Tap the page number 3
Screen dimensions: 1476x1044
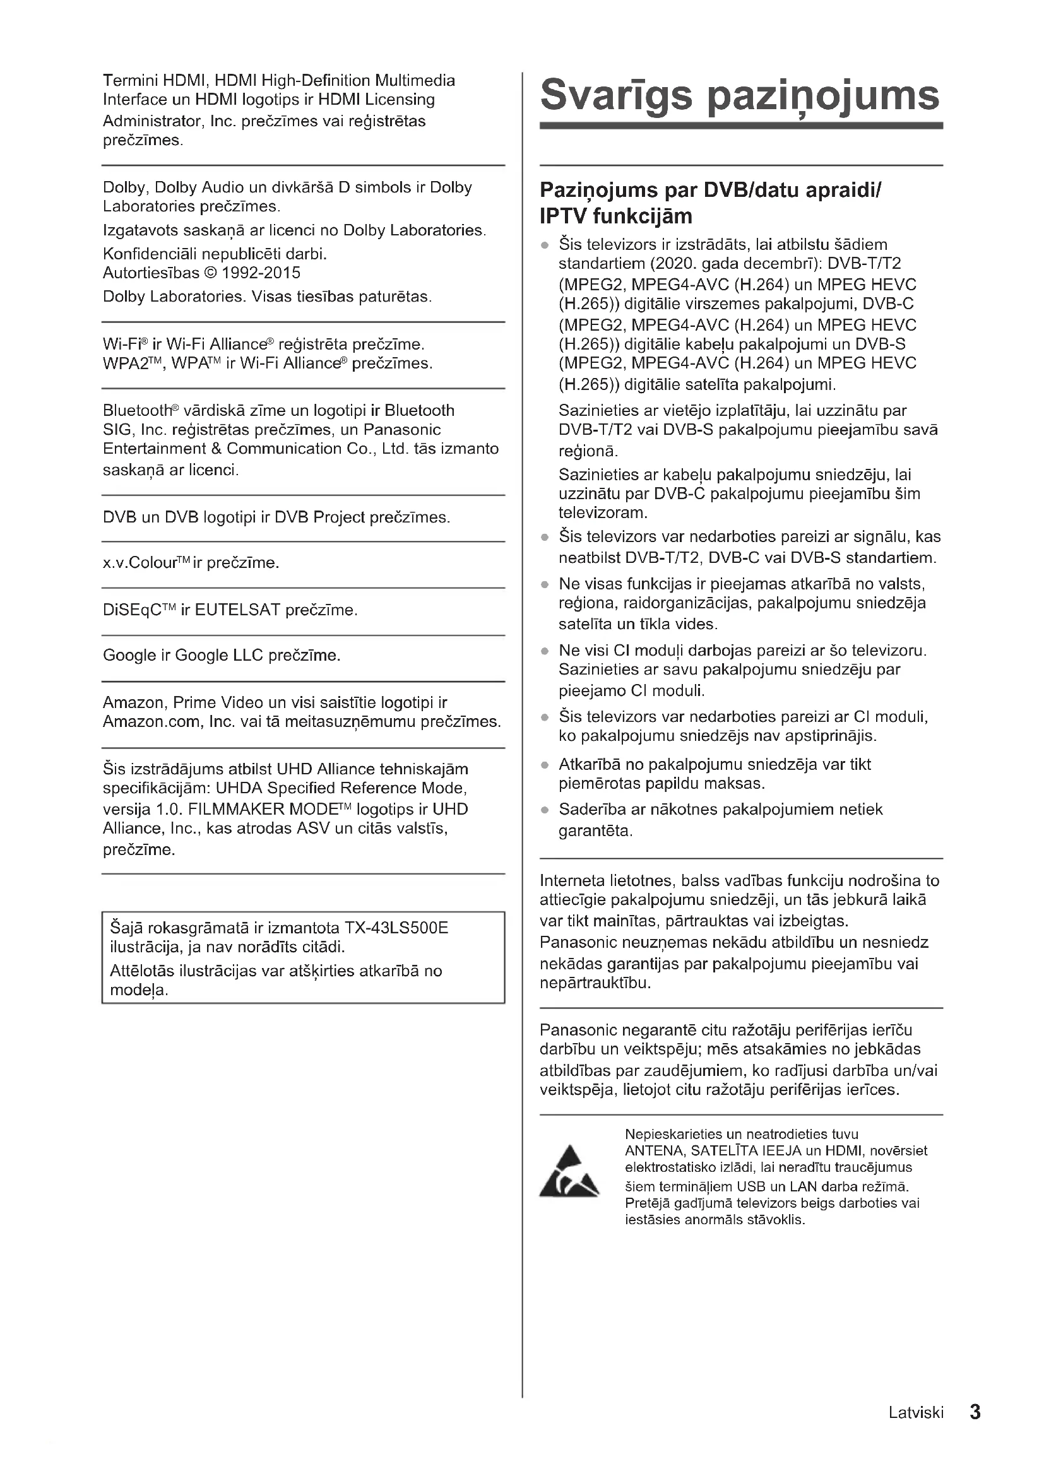click(x=975, y=1412)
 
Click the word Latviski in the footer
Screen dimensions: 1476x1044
click(x=916, y=1412)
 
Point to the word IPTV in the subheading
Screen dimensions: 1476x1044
click(x=562, y=216)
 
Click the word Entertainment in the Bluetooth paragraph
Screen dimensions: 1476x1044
click(x=154, y=448)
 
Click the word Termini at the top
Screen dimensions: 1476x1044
click(x=131, y=81)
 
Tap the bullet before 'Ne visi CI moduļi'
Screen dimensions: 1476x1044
click(x=545, y=651)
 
